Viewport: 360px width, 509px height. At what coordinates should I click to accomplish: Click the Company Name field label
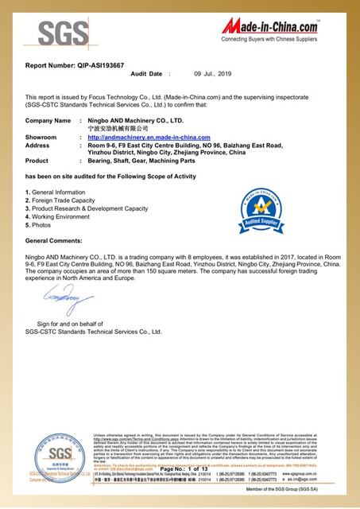(48, 120)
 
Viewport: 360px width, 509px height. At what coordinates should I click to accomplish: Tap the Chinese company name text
(118, 128)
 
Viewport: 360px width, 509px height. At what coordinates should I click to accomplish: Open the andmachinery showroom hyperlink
(149, 138)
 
